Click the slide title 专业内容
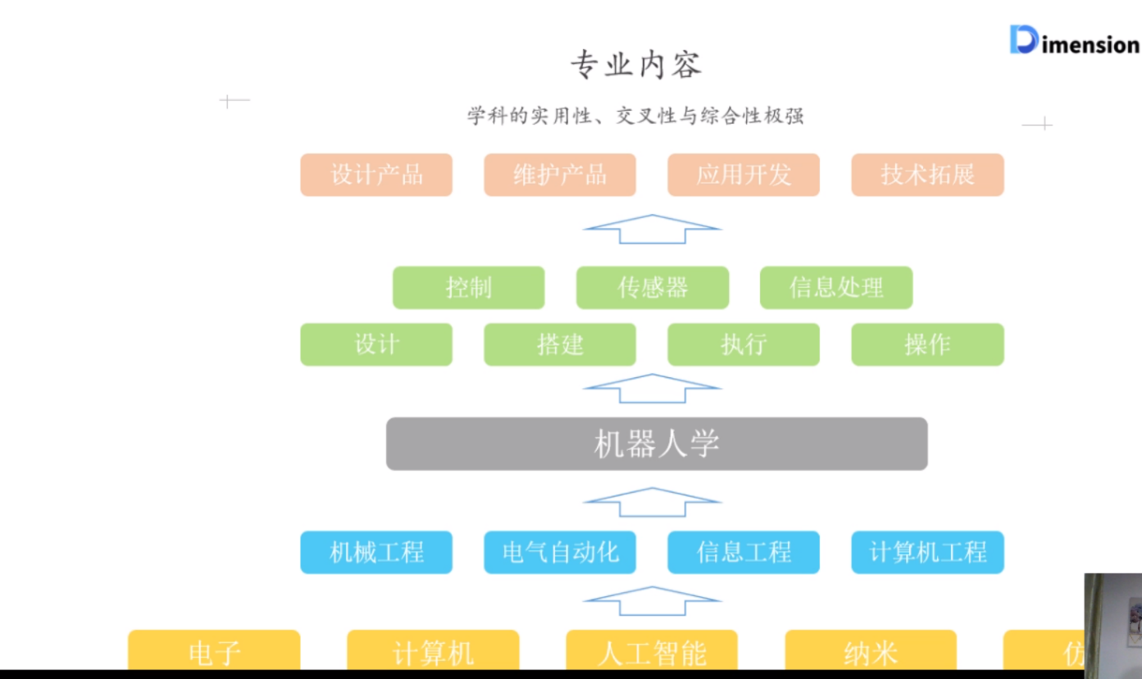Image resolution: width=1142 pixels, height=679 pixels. coord(636,66)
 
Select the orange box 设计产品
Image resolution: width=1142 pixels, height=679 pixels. coord(376,175)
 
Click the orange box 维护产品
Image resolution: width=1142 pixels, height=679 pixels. coord(560,175)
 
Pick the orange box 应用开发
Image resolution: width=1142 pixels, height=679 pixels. coord(744,175)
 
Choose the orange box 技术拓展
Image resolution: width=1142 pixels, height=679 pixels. coord(927,175)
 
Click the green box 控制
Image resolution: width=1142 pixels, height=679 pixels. coord(469,288)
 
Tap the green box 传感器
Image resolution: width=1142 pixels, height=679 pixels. coord(653,288)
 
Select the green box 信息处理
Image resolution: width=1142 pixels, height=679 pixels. coord(836,288)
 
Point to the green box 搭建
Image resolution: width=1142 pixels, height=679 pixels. coord(560,344)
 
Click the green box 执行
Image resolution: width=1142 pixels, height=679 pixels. coord(744,344)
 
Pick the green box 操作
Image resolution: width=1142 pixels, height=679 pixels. coord(927,344)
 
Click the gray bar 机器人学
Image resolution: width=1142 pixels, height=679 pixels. coord(657,444)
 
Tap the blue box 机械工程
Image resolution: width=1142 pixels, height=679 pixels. coord(376,552)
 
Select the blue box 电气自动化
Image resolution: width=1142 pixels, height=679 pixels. coord(560,552)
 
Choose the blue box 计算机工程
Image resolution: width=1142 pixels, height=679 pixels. coord(927,552)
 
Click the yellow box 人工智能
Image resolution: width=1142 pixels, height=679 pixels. coord(652,652)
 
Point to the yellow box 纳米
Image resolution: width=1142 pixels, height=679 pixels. coord(871,652)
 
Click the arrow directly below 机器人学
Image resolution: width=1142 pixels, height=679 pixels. coord(653,502)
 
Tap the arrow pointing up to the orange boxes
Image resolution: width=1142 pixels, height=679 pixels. coord(653,229)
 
